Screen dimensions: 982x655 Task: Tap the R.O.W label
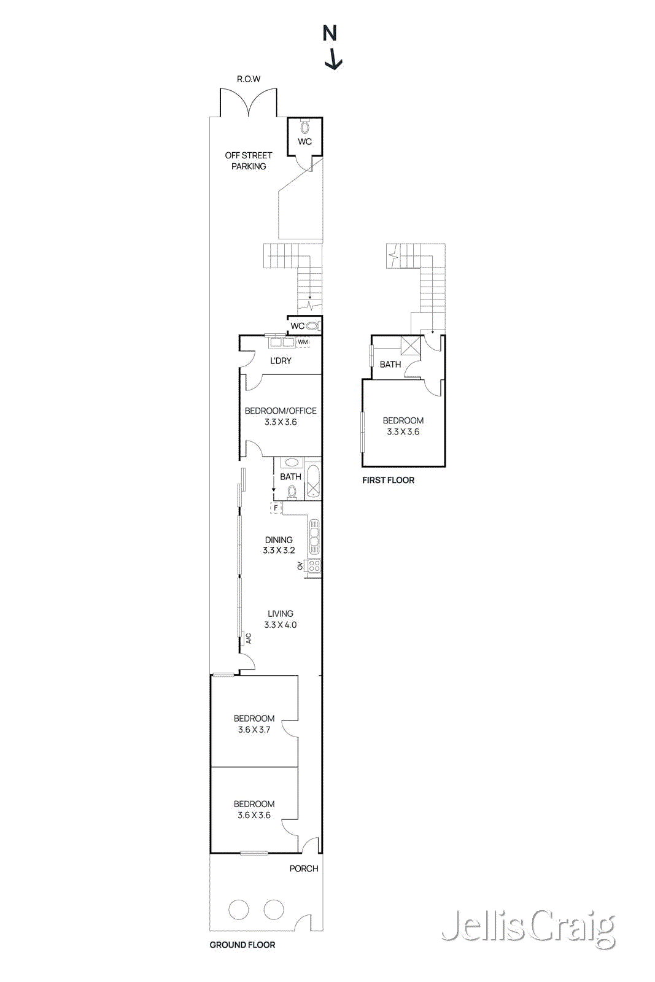[x=249, y=79]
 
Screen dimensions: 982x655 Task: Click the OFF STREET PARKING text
[x=249, y=161]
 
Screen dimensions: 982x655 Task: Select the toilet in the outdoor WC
[x=304, y=128]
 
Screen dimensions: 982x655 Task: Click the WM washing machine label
[x=303, y=342]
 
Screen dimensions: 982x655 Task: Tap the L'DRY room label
[x=281, y=361]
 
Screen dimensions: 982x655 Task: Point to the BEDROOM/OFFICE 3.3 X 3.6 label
[x=281, y=416]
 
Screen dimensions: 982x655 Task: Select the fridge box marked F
[x=276, y=508]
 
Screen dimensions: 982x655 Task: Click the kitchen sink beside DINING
[x=314, y=537]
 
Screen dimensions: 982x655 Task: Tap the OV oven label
[x=301, y=566]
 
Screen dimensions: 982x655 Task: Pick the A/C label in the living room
[x=249, y=639]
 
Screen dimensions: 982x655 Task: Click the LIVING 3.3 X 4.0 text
[x=281, y=619]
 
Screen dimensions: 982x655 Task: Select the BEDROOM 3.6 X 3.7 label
[x=254, y=724]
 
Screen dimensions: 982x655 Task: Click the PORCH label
[x=304, y=868]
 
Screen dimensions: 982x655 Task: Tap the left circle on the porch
[x=239, y=910]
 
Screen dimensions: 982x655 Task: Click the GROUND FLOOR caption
[x=242, y=945]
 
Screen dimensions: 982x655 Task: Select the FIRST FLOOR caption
[x=388, y=481]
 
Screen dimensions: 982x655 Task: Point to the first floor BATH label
[x=390, y=365]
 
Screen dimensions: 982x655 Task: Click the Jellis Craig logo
[x=528, y=928]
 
